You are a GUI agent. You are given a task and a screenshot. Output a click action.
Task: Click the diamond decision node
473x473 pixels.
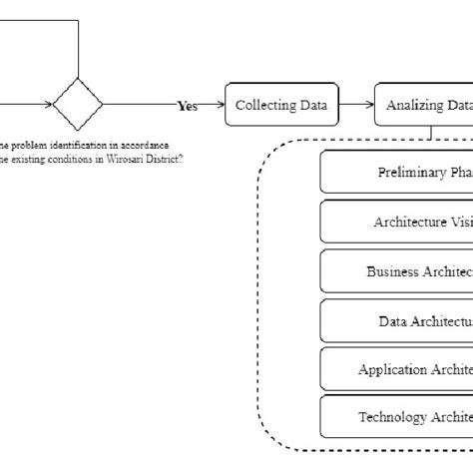[x=78, y=104]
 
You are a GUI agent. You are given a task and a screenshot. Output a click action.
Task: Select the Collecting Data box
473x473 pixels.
[x=282, y=105]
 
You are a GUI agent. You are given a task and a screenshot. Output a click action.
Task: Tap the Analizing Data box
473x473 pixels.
[x=424, y=105]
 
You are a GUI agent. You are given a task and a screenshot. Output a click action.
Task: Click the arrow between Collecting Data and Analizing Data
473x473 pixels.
[x=357, y=105]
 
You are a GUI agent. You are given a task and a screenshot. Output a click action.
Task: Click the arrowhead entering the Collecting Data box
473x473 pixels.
[x=221, y=105]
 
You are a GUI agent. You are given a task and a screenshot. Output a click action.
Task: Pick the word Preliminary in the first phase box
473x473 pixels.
[x=412, y=172]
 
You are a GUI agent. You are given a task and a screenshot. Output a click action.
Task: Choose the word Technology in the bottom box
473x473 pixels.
[x=392, y=417]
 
